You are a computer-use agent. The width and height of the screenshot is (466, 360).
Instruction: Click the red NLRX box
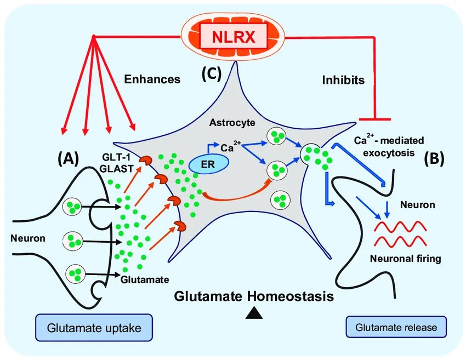pos(233,37)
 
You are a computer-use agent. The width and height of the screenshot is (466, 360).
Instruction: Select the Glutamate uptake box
pos(94,328)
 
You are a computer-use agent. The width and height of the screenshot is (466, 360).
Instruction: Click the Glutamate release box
pos(396,327)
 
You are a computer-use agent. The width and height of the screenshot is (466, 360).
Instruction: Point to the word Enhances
pos(152,79)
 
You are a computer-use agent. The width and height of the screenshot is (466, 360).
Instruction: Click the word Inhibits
pos(343,80)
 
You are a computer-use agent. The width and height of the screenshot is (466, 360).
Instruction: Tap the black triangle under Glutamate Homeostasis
pos(253,313)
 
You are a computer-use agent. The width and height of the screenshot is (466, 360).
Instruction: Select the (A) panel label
pos(69,158)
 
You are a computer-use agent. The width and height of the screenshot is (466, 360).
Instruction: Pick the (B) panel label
pos(434,158)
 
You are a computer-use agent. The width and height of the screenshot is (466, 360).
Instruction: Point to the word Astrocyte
pos(232,123)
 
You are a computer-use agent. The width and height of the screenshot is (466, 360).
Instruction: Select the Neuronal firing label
pos(405,258)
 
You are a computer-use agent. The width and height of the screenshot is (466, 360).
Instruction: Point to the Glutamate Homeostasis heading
pos(254,296)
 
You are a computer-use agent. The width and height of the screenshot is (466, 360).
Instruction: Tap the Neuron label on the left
pos(27,238)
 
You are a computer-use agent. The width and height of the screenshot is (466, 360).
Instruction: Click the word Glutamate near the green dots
pos(145,279)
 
